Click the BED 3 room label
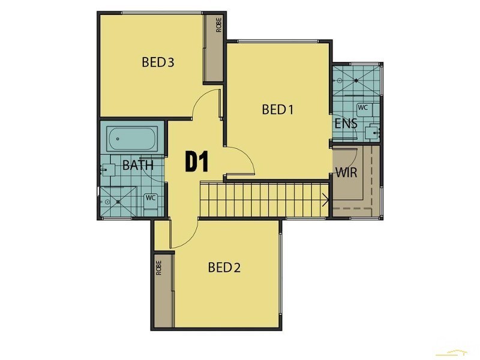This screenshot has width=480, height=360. coord(158,62)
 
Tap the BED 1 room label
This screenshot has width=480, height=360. coord(278,109)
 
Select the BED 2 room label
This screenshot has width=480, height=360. coord(224,268)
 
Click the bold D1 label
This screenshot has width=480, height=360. coord(196,162)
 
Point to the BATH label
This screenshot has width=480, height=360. coord(137,166)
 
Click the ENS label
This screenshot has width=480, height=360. coord(346,124)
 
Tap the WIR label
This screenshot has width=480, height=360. coord(346,173)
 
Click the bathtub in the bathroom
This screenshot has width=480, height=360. coord(132,139)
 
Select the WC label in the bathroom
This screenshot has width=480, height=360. coord(151,197)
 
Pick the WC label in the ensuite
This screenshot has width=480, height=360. coord(363,107)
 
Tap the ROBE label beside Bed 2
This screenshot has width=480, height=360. coord(159,267)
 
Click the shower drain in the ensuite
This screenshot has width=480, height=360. coord(355,79)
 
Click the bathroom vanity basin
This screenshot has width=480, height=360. coord(108,169)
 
